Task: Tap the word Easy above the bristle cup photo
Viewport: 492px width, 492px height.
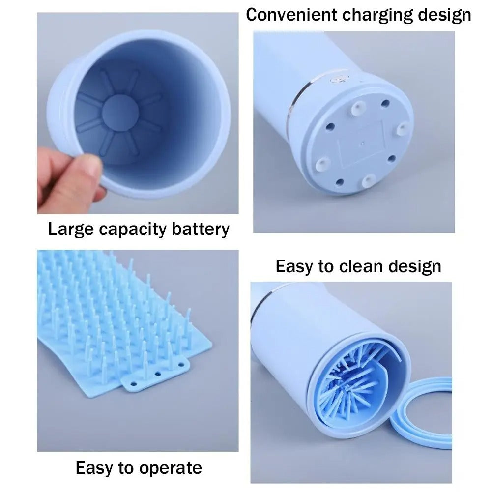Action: [x=294, y=266]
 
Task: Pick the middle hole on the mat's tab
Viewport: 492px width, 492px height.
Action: [x=158, y=374]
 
